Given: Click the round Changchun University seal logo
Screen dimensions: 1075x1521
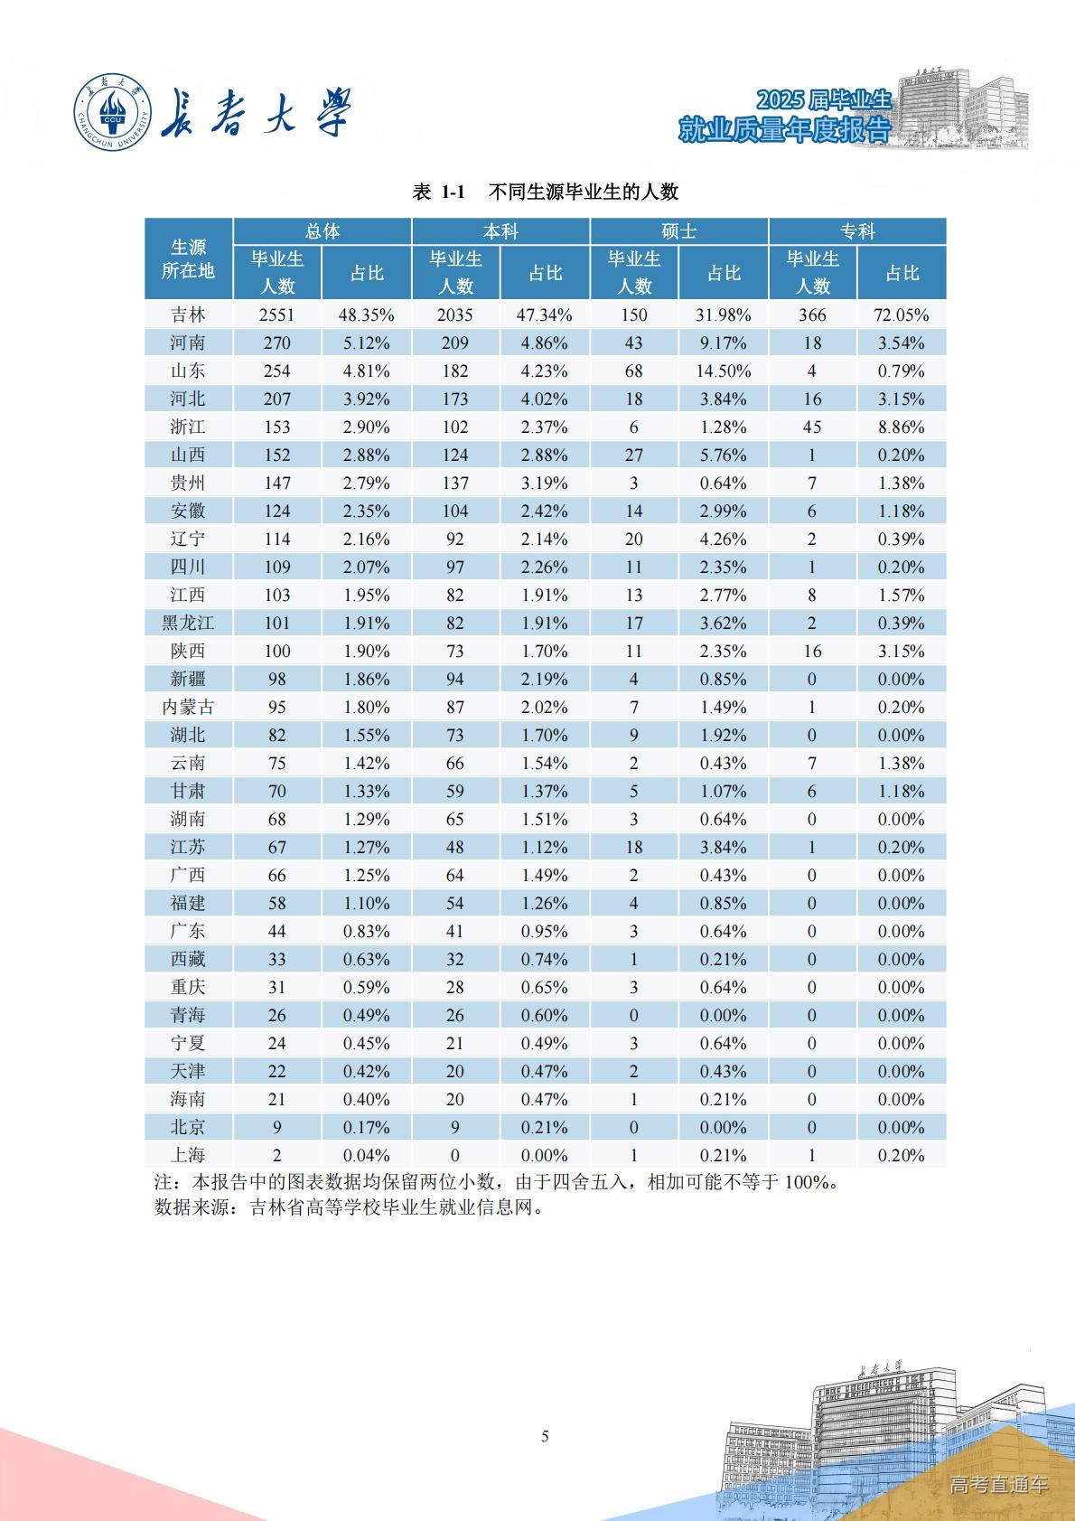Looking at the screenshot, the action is click(112, 113).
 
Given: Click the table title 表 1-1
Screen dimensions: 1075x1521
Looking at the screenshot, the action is click(438, 192).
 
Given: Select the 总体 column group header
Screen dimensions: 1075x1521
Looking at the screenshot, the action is click(322, 231).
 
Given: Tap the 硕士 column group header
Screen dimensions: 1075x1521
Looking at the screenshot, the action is click(679, 231).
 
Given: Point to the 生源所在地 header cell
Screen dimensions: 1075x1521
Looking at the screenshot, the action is click(188, 258).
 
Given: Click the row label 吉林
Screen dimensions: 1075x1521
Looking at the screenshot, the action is click(188, 315).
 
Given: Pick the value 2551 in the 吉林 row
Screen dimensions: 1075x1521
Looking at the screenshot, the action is click(277, 315).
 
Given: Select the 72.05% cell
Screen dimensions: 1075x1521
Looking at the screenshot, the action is click(902, 315).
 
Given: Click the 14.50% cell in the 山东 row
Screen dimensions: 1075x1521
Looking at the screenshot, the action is click(724, 371).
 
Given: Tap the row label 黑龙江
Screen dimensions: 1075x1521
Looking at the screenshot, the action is click(188, 623).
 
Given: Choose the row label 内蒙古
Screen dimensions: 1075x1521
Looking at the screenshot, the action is click(188, 707).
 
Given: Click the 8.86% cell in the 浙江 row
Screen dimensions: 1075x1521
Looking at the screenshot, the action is click(902, 427).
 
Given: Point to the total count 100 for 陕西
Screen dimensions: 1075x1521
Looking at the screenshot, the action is click(277, 652).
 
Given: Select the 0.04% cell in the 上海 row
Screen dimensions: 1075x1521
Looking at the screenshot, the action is click(367, 1156).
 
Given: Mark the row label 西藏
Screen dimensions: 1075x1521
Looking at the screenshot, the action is click(188, 959).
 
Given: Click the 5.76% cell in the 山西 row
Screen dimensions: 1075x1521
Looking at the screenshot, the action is click(724, 455).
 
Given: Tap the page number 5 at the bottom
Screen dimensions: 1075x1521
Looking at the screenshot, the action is click(545, 1436).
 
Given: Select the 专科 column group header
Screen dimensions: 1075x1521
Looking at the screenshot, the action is click(858, 231).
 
